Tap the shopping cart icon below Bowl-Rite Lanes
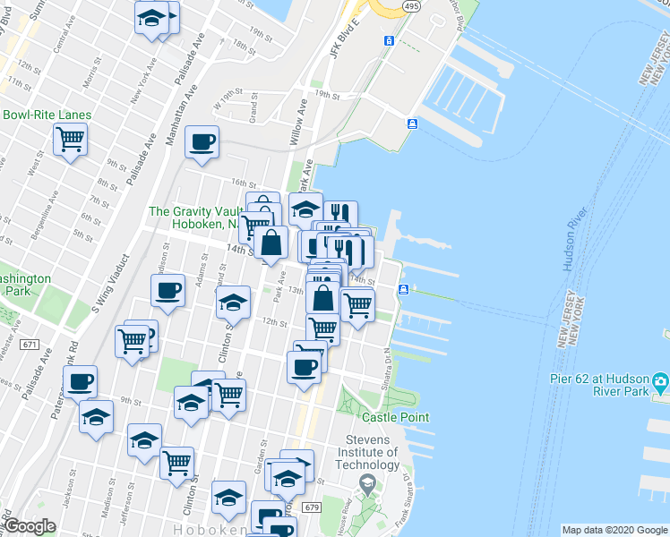pyautogui.click(x=70, y=140)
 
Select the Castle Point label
pyautogui.click(x=395, y=417)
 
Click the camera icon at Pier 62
pyautogui.click(x=661, y=383)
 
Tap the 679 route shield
pyautogui.click(x=311, y=507)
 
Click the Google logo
pyautogui.click(x=30, y=526)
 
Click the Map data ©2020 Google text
pyautogui.click(x=614, y=530)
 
